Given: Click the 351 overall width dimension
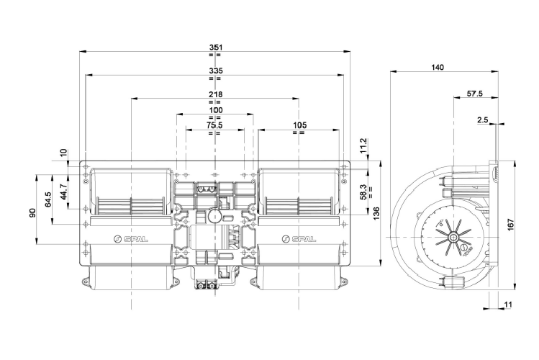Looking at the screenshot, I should pos(215,47).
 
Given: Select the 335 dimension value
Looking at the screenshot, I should pos(215,71).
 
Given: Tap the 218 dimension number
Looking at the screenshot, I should pos(215,94).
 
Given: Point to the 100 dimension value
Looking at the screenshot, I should pos(215,109).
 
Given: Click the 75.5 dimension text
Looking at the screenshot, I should pos(215,125).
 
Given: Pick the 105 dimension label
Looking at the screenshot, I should pos(299,125).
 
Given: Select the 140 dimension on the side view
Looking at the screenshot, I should pos(438,67).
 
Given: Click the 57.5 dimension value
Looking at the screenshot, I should pos(474,94).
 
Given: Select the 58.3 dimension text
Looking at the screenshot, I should pos(363,191).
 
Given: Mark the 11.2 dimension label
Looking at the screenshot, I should pos(363,145).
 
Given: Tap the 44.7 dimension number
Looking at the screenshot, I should pos(63,192).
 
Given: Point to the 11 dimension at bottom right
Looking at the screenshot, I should pos(508,305).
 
